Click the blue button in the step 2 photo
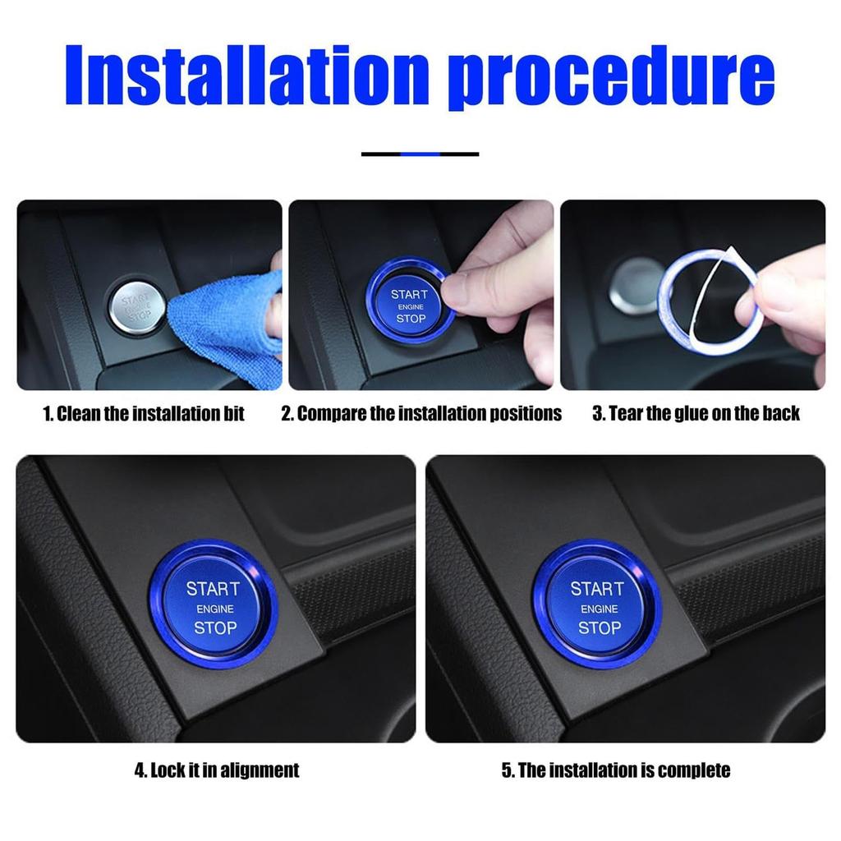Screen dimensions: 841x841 click(x=409, y=305)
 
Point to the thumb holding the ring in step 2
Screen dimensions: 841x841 click(x=485, y=287)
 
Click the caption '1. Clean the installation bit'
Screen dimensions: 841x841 click(x=144, y=414)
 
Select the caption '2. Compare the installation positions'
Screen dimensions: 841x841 click(x=421, y=414)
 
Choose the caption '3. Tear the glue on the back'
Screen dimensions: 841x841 click(x=696, y=414)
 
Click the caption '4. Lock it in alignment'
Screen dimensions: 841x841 click(x=217, y=770)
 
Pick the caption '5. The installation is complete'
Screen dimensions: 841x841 click(x=616, y=770)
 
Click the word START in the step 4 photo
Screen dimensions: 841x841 click(x=213, y=589)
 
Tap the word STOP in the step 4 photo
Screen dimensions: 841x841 click(x=214, y=628)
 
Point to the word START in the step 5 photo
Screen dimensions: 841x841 click(x=597, y=589)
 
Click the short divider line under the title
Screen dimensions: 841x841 click(x=420, y=154)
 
